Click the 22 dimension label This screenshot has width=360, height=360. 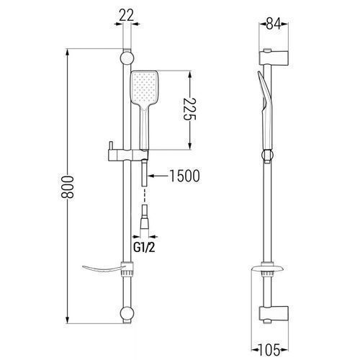(126, 16)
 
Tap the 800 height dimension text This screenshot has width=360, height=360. (67, 187)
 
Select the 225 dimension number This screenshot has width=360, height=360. (190, 109)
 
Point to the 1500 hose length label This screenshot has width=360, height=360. (184, 176)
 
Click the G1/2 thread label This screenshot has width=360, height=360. (144, 248)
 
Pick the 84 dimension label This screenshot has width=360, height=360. (274, 24)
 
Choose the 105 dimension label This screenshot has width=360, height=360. (269, 350)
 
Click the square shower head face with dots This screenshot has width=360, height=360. (144, 87)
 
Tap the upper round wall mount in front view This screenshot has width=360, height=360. (127, 58)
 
